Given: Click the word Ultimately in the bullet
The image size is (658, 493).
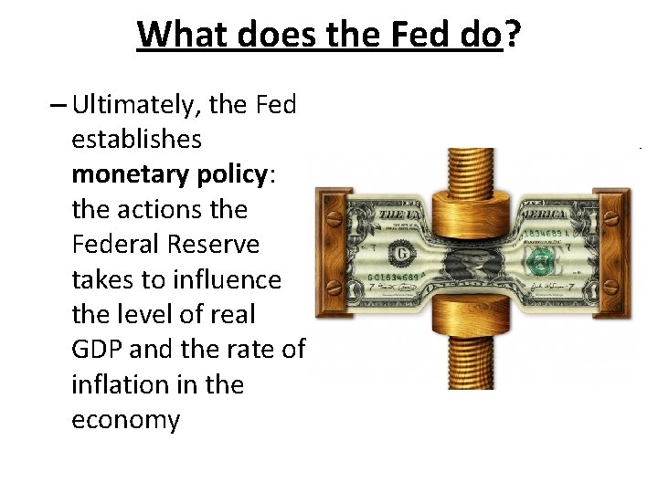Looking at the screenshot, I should pyautogui.click(x=136, y=105).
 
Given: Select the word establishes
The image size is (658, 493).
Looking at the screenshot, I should pyautogui.click(x=137, y=140).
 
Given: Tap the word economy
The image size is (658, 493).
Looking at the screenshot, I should pyautogui.click(x=125, y=420).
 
